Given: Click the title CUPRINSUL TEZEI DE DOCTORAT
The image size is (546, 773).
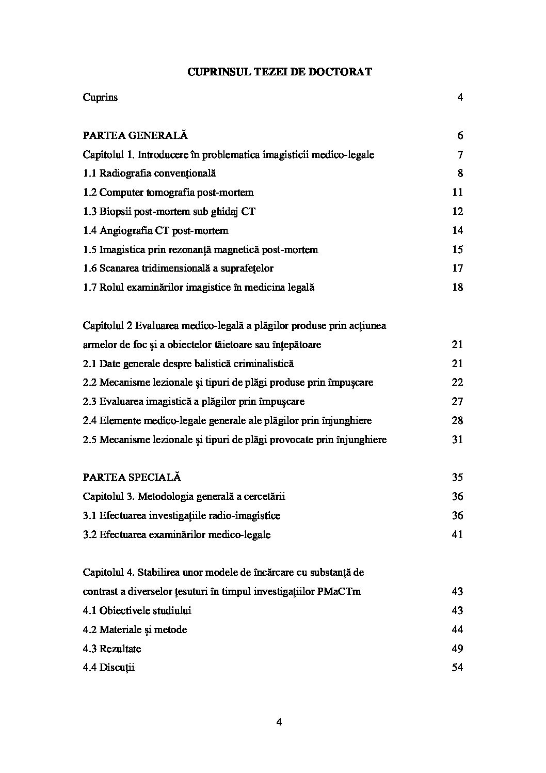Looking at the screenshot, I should [279, 72].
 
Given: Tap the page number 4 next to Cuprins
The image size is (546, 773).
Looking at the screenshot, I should [460, 97].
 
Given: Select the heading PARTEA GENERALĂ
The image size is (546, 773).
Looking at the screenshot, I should [135, 135].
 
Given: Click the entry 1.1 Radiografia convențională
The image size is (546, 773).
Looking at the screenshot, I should [149, 173].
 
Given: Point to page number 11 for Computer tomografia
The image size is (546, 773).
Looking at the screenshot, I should [457, 192].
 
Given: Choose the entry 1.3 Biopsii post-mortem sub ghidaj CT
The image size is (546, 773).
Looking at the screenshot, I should [169, 211].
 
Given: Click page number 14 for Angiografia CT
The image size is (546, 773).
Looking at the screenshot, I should [457, 230].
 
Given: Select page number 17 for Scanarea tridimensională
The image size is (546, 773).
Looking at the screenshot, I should [457, 268].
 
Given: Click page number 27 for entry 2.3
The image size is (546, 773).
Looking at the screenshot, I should [457, 401].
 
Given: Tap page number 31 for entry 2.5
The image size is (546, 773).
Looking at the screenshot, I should [457, 439].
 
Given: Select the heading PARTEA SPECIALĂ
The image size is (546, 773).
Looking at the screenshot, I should [132, 477].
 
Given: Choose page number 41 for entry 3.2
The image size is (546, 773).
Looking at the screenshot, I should [457, 534].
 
